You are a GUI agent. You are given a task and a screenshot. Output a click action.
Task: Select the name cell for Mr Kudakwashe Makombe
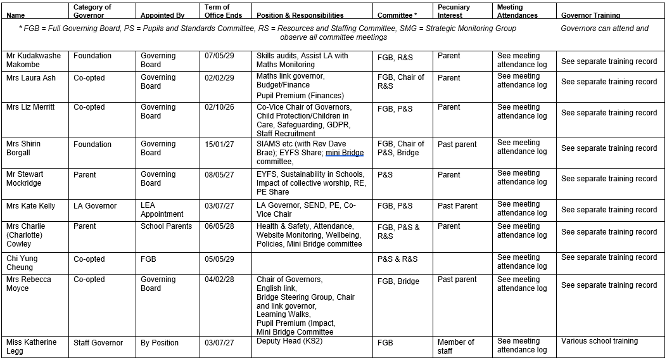[x=34, y=60]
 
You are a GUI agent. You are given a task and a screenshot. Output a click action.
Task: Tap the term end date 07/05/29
[x=219, y=56]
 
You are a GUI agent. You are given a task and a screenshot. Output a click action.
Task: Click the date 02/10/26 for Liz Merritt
[x=219, y=107]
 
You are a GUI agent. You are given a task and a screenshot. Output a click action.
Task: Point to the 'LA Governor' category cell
[x=95, y=206]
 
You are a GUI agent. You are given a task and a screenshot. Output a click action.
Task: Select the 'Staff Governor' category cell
[x=98, y=343]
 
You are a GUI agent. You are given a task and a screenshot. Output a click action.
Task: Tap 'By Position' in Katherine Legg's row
[x=160, y=343]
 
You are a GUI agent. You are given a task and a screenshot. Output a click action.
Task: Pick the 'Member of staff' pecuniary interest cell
[x=455, y=347]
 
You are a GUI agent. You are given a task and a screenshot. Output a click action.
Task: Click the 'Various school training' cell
[x=599, y=341]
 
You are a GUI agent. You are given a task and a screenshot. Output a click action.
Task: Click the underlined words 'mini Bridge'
[x=345, y=153]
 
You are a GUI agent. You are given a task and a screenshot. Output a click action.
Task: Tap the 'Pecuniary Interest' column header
[x=454, y=11]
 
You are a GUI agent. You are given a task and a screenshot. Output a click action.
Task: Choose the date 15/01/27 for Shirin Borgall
[x=219, y=144]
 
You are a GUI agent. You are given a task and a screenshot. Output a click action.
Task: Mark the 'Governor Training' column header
[x=590, y=15]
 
